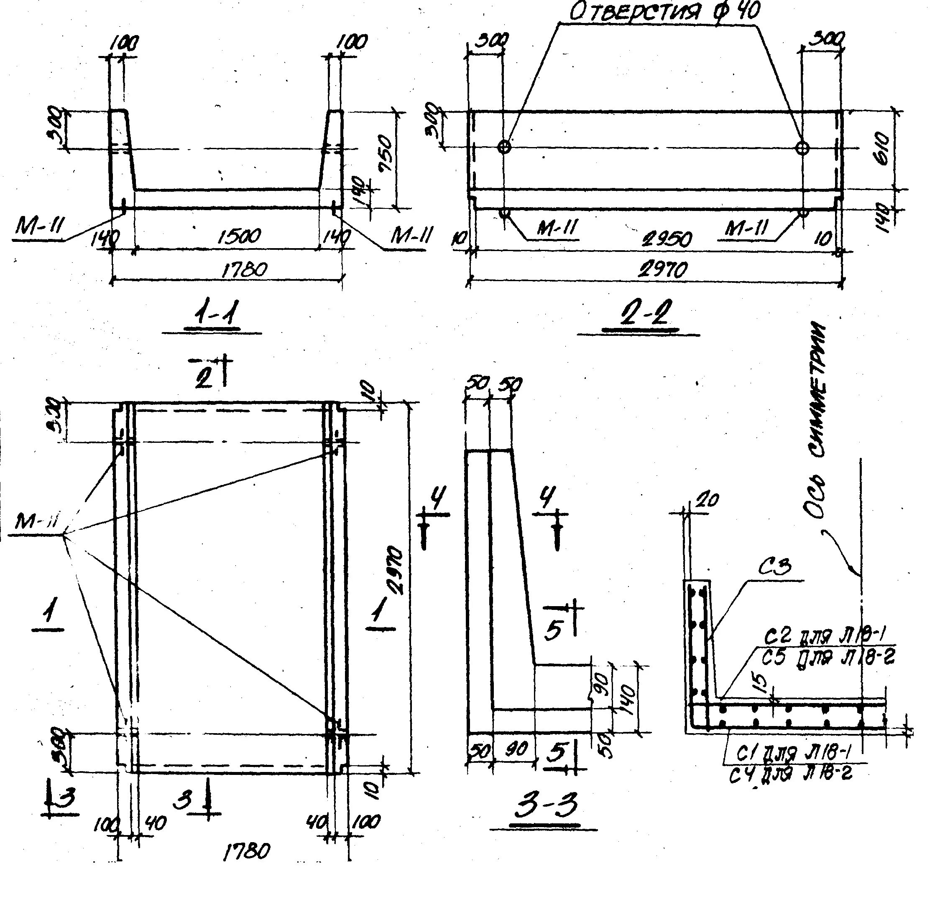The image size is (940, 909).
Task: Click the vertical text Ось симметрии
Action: pos(818,421)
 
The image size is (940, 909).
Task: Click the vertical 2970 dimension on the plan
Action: pos(397,570)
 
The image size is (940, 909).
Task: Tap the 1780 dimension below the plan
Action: pos(247,851)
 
